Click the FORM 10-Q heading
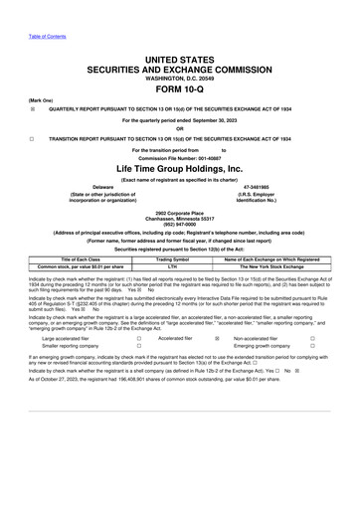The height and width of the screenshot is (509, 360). coord(179,85)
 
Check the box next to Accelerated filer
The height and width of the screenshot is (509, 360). coord(216,338)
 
